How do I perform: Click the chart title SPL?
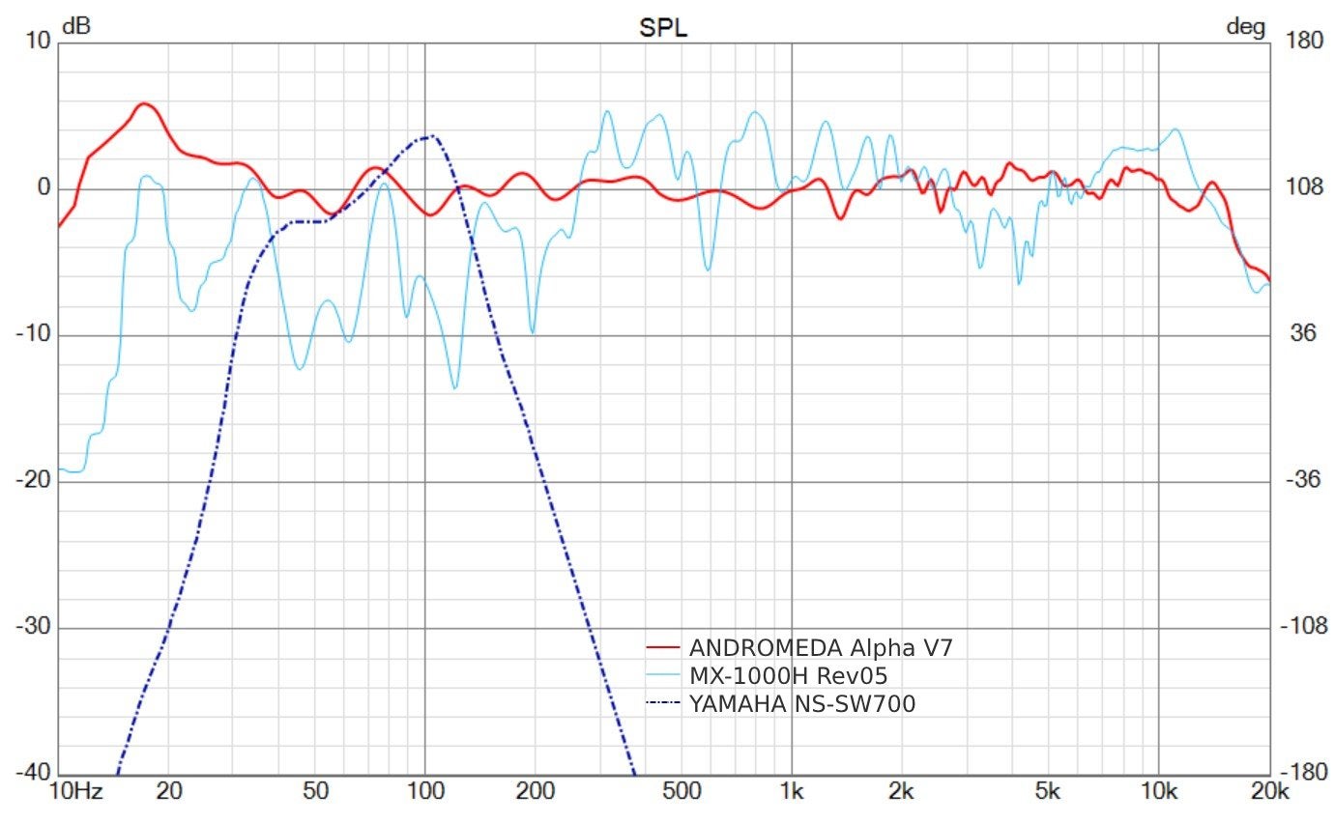662,28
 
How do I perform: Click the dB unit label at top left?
76,28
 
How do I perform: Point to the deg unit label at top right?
1245,28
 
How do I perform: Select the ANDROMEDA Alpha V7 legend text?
821,648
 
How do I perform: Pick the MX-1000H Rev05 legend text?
788,676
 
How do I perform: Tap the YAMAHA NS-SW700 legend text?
802,704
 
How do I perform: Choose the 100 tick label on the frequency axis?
424,792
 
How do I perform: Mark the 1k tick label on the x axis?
792,792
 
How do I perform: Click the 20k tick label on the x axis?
1269,792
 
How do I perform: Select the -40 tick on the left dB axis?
35,773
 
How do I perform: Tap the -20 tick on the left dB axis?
35,480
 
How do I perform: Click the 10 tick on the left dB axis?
39,42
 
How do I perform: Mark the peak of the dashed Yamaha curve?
432,136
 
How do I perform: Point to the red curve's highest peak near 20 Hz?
144,103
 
